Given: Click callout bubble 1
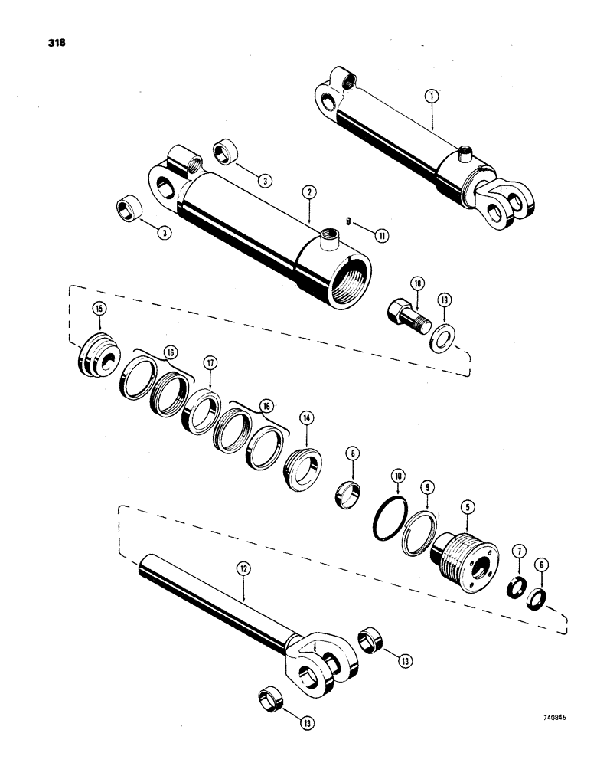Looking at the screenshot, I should [x=432, y=97].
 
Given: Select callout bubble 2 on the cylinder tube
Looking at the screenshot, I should [x=306, y=192].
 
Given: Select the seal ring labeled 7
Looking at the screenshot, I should [x=517, y=590].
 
